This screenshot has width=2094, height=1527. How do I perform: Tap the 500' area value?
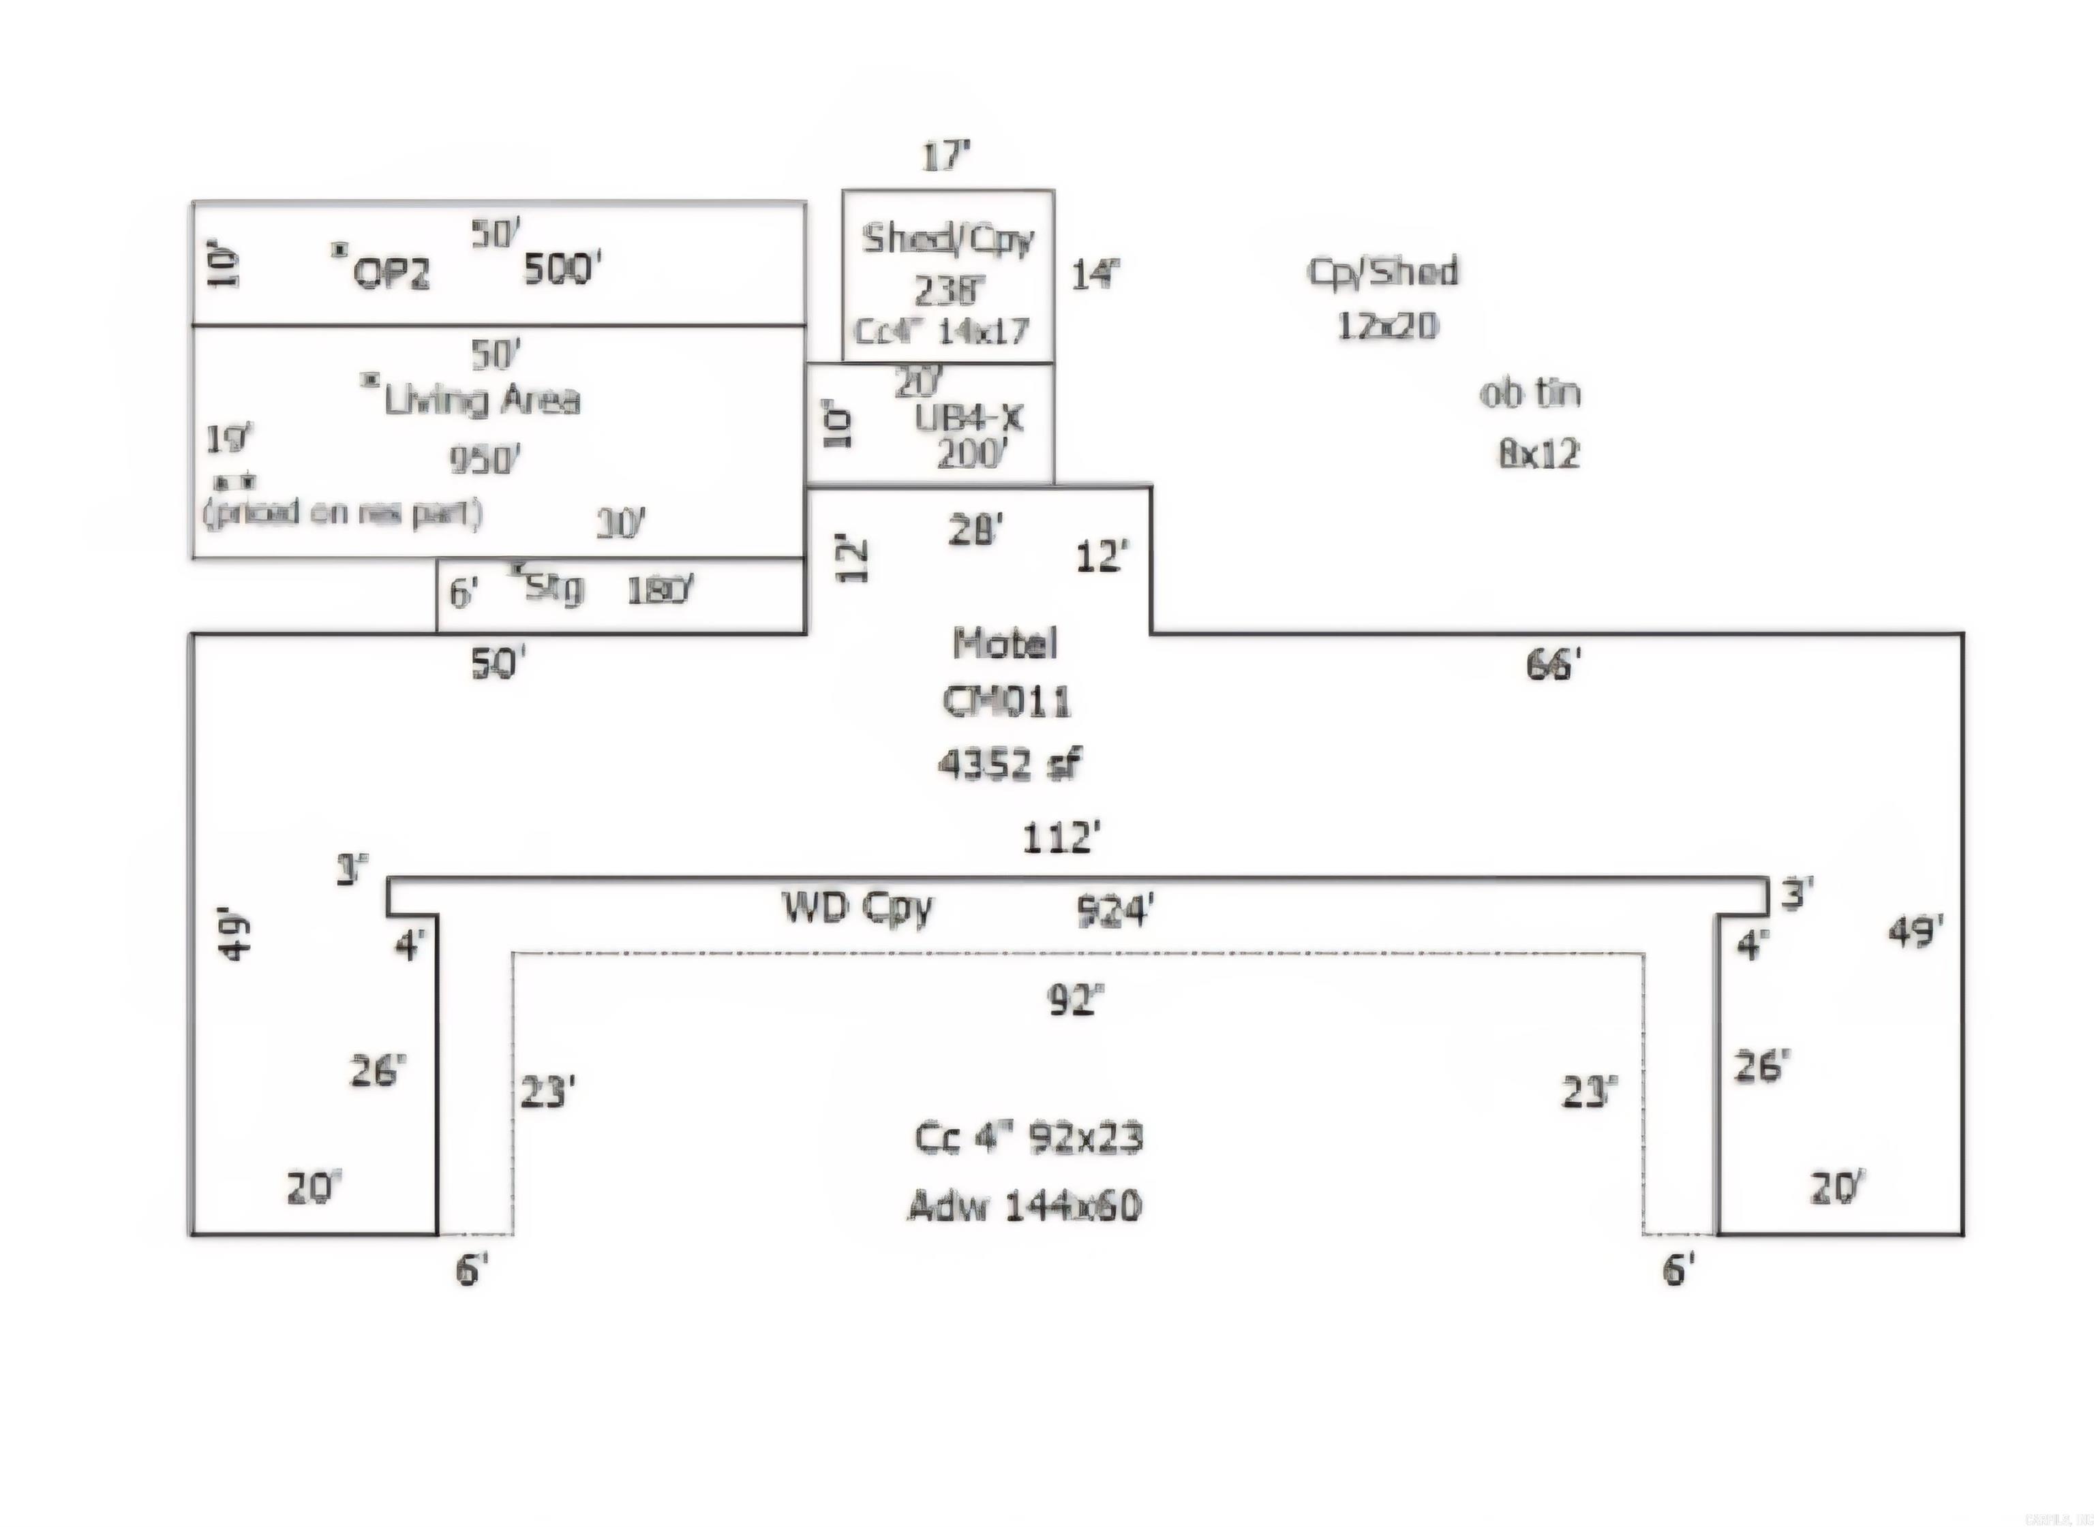pyautogui.click(x=563, y=270)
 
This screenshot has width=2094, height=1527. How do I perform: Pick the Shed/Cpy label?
pyautogui.click(x=947, y=239)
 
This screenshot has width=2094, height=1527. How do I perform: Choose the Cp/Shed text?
pyautogui.click(x=1383, y=272)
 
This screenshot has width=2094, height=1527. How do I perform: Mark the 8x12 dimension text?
pyautogui.click(x=1539, y=454)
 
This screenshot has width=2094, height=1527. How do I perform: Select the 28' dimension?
pyautogui.click(x=975, y=531)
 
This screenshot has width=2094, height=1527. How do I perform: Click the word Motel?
pyautogui.click(x=1005, y=643)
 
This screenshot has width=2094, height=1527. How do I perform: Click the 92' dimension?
pyautogui.click(x=1075, y=999)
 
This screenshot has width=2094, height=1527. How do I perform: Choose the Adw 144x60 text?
pyautogui.click(x=1025, y=1205)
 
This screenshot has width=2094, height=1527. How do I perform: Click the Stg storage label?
pyautogui.click(x=553, y=588)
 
